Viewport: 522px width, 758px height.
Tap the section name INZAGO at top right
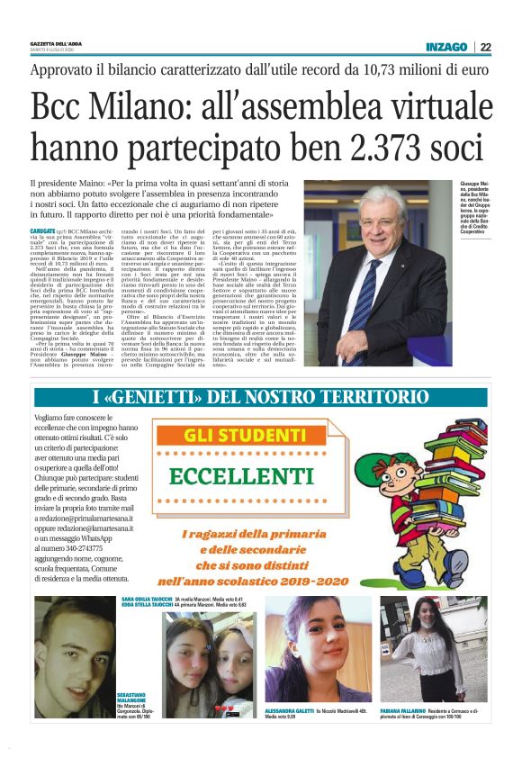[446, 47]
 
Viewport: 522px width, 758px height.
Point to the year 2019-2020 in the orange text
[319, 557]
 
